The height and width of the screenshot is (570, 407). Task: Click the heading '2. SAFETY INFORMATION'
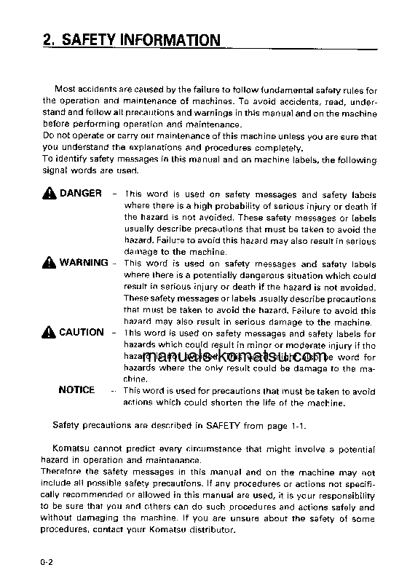(130, 39)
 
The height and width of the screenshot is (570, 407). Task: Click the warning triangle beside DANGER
(49, 194)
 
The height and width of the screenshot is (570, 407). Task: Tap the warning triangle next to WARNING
(49, 263)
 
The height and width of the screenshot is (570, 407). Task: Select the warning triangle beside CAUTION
(49, 333)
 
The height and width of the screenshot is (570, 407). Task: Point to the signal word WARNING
(84, 263)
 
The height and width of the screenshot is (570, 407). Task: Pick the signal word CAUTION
(82, 333)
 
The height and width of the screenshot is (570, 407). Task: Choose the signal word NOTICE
(76, 390)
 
